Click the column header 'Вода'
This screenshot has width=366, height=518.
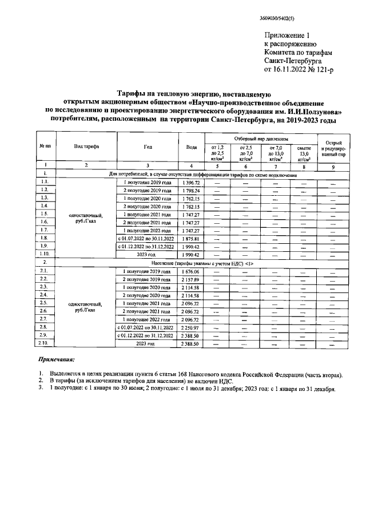point(192,147)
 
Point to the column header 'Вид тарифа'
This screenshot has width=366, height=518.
point(86,147)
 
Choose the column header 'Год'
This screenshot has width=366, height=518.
point(148,147)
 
